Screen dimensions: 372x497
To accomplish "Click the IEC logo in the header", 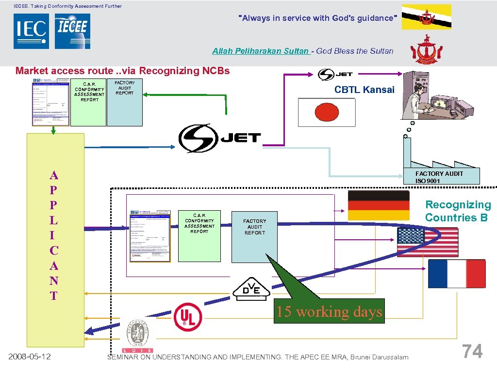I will pos(31,31).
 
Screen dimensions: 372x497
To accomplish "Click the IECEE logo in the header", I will pos(72,31).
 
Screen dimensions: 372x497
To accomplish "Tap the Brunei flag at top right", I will pos(427,17).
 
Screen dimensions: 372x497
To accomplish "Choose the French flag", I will pos(457,274).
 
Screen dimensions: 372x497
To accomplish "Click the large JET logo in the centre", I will pos(220,138).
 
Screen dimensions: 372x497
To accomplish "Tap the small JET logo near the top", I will pos(335,75).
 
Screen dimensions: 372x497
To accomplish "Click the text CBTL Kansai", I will pos(364,90).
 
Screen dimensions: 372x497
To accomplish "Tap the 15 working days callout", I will pos(330,311).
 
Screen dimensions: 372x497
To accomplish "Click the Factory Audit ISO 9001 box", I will pos(441,177).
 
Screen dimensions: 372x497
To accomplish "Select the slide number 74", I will pos(472,351).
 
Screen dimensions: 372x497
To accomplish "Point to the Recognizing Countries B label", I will pos(458,211).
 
